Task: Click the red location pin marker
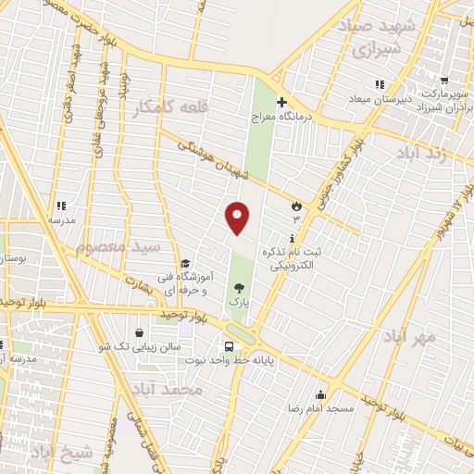tap(239, 218)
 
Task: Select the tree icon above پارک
tap(240, 288)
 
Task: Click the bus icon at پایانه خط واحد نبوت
tap(228, 346)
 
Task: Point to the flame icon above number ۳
tap(296, 205)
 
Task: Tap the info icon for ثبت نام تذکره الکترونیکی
tap(293, 238)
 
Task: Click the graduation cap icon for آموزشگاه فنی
tap(185, 263)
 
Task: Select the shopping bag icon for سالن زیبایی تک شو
tap(138, 332)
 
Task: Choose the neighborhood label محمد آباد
tap(167, 389)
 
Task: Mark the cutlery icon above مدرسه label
tap(61, 206)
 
